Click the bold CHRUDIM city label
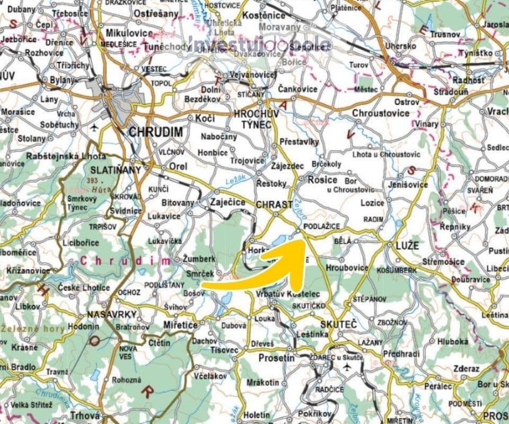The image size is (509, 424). [x=155, y=131]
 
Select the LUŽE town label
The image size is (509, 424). [x=407, y=245]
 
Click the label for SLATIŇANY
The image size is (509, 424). [x=116, y=170]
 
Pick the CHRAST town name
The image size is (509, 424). [x=274, y=204]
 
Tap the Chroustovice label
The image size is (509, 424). [x=381, y=113]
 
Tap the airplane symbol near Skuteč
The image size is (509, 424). [x=347, y=367]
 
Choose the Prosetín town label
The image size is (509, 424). [x=276, y=358]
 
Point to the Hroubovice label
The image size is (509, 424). [x=347, y=267]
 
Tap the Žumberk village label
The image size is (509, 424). [x=199, y=259]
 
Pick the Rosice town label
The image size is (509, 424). [x=322, y=180]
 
